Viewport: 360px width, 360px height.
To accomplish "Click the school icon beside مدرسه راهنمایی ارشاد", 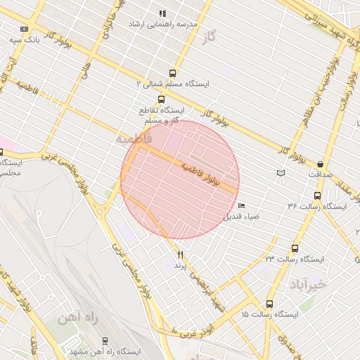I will pos(162,13).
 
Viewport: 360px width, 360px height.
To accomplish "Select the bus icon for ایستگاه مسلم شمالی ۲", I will pos(172,73).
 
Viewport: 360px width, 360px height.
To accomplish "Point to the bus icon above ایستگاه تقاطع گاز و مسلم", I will pos(162,99).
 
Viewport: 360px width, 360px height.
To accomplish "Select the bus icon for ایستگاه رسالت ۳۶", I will pos(317,195).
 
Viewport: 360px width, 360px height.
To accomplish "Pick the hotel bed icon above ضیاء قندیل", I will pos(241,206).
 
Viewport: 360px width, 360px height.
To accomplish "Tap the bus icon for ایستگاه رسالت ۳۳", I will pos(295,248).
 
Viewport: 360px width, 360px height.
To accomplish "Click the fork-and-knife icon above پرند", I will pos(180,254).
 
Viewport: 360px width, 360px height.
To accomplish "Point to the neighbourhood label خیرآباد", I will pos(308,284).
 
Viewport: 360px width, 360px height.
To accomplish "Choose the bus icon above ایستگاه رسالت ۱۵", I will pos(269,304).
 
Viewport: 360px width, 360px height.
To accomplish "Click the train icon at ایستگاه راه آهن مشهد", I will pos(105,341).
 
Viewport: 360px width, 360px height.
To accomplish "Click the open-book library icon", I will pos(281,173).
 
